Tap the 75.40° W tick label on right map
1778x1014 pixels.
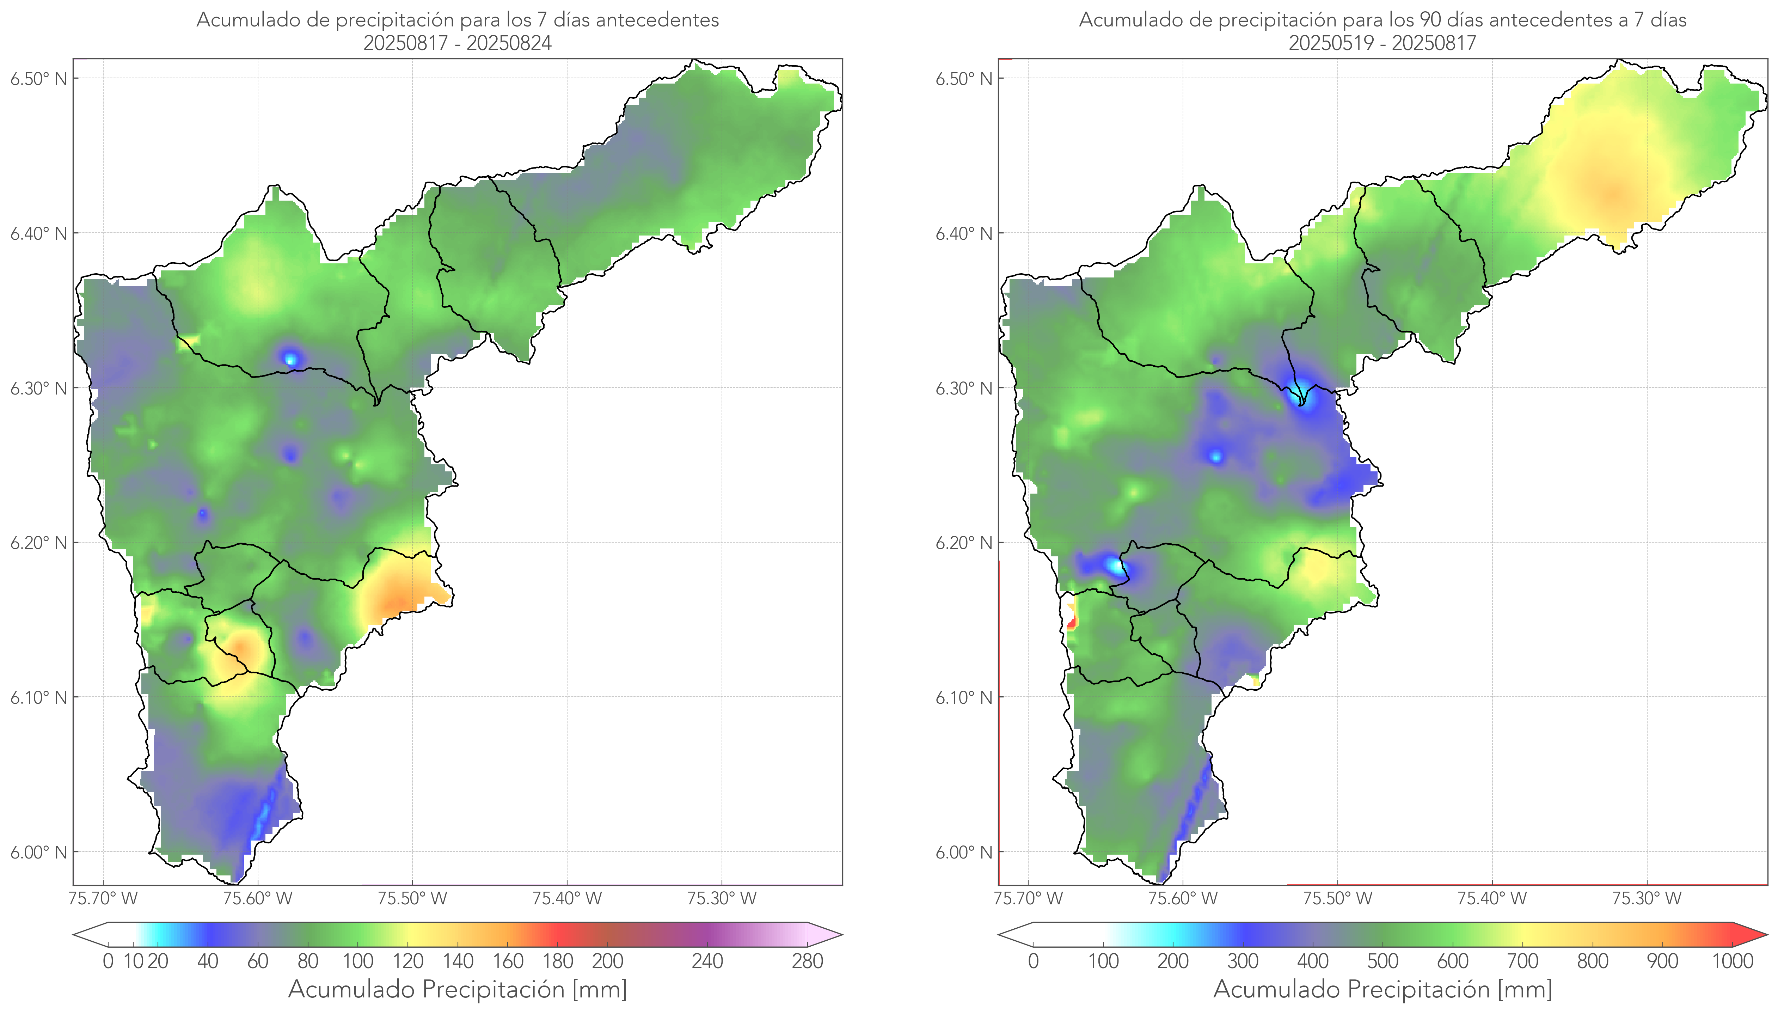pos(1492,898)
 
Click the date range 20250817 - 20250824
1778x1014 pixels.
pos(458,43)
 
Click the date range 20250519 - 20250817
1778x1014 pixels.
pos(1382,43)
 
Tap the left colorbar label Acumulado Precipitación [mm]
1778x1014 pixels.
pos(458,989)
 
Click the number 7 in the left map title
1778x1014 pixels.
pos(541,20)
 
